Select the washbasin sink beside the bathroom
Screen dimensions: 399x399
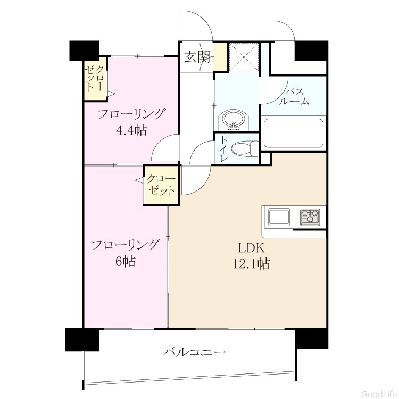(x=233, y=120)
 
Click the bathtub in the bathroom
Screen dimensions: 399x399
(x=293, y=134)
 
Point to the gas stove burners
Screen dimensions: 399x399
(x=310, y=217)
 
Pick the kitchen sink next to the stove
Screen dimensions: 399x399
(x=279, y=217)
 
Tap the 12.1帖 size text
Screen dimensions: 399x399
(x=252, y=263)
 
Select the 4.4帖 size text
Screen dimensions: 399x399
(x=131, y=130)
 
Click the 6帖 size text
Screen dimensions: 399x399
(x=125, y=261)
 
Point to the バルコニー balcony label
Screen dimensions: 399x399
(x=194, y=352)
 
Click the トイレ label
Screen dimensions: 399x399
(x=223, y=149)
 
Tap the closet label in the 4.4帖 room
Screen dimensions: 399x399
(x=95, y=78)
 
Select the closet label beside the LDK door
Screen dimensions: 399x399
(x=161, y=185)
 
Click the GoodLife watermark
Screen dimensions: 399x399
(x=379, y=394)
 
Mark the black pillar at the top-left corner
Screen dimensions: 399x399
(x=84, y=51)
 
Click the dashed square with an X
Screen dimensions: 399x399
(x=244, y=57)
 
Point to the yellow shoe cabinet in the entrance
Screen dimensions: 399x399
(x=220, y=57)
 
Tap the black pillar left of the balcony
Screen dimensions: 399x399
(x=82, y=339)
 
